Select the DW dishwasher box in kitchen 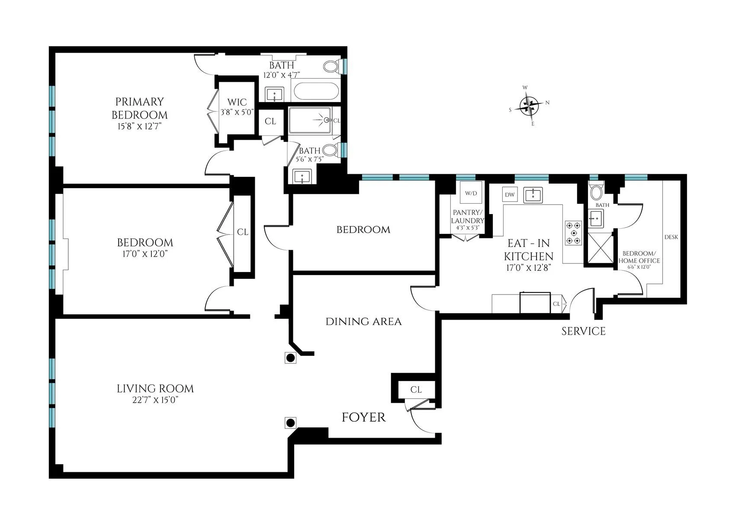click(x=510, y=195)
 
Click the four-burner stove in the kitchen click(x=573, y=233)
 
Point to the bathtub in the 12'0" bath click(x=315, y=92)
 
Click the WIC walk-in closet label click(x=237, y=103)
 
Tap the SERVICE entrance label click(x=583, y=331)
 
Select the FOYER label click(x=363, y=417)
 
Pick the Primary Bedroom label click(x=139, y=108)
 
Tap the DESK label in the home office click(x=671, y=237)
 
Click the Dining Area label click(x=363, y=322)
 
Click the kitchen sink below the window click(x=533, y=195)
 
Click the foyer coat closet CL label click(x=416, y=390)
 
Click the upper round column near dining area click(x=291, y=358)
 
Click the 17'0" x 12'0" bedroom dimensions click(x=145, y=253)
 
